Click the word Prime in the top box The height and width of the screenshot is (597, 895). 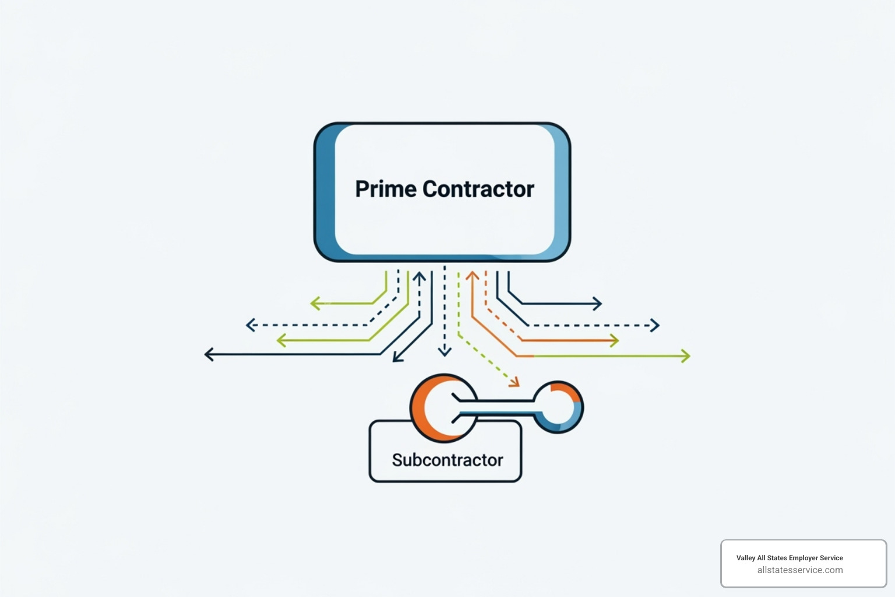tap(386, 189)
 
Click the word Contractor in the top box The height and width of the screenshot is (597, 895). tap(478, 189)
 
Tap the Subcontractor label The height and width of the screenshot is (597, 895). tap(447, 460)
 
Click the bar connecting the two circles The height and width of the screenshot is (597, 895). tap(495, 407)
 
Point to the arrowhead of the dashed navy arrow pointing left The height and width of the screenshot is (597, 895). tap(251, 325)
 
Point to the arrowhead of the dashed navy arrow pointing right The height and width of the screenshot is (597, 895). tap(655, 325)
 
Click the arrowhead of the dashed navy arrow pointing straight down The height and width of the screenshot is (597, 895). tap(445, 351)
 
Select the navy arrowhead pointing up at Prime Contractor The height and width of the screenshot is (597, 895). tap(419, 276)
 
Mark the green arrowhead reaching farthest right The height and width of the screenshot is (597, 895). tap(686, 356)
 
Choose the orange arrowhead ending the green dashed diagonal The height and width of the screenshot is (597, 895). tap(514, 382)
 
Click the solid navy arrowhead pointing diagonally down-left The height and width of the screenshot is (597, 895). tap(397, 357)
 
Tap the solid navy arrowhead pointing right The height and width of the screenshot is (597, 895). tap(597, 303)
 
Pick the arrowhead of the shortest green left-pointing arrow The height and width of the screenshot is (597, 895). tap(315, 303)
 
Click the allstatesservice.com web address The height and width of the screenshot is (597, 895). tap(799, 570)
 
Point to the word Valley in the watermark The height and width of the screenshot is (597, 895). tap(745, 558)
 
